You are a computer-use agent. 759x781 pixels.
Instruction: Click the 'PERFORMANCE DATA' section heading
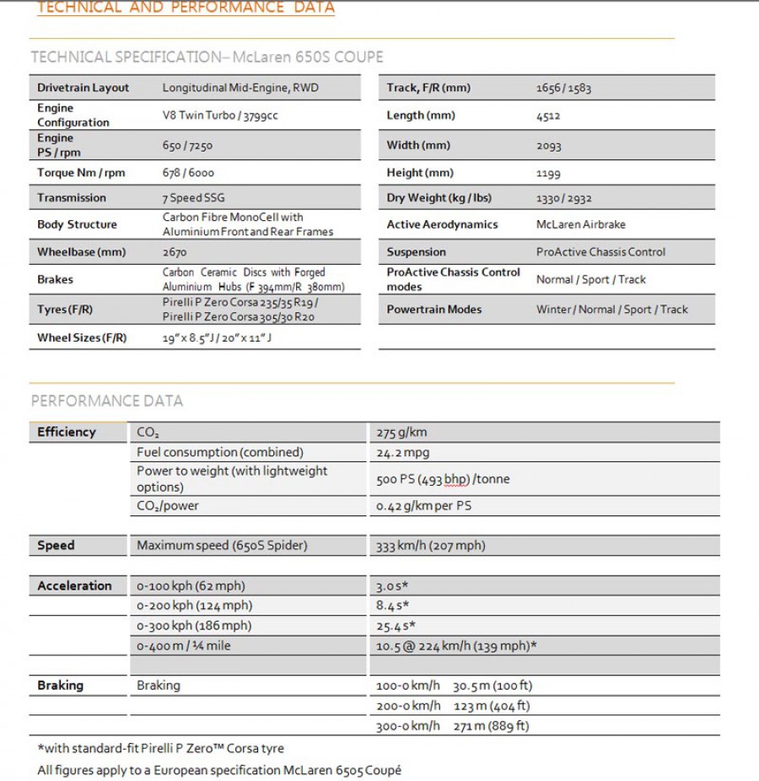click(107, 401)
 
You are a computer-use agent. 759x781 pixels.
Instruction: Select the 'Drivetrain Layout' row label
click(83, 88)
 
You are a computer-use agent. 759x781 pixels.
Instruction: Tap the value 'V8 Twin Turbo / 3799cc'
click(220, 116)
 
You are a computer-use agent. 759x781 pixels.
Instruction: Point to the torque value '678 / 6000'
click(188, 173)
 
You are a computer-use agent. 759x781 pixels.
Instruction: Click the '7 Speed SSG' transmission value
click(193, 198)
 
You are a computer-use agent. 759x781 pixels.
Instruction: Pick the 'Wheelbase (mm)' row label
click(81, 252)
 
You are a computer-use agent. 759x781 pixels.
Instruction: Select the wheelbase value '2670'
click(175, 252)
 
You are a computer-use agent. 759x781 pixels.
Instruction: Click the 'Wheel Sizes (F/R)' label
click(82, 338)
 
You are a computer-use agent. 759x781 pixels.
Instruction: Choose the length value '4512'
click(548, 116)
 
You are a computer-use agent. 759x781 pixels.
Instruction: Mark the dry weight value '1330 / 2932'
click(564, 198)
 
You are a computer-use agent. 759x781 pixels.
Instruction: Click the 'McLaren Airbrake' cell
click(581, 225)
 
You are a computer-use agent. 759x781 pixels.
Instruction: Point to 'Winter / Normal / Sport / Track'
click(612, 310)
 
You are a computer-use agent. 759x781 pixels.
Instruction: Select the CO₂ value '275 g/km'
click(401, 433)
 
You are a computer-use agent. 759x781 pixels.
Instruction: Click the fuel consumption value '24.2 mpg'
click(402, 453)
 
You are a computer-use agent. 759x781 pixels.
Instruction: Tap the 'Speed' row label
click(56, 546)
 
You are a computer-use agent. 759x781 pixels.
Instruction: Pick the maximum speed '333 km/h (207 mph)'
click(430, 546)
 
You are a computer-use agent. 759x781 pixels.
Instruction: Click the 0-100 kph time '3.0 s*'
click(392, 586)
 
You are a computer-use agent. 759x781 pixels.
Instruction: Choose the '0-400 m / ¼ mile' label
click(183, 646)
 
